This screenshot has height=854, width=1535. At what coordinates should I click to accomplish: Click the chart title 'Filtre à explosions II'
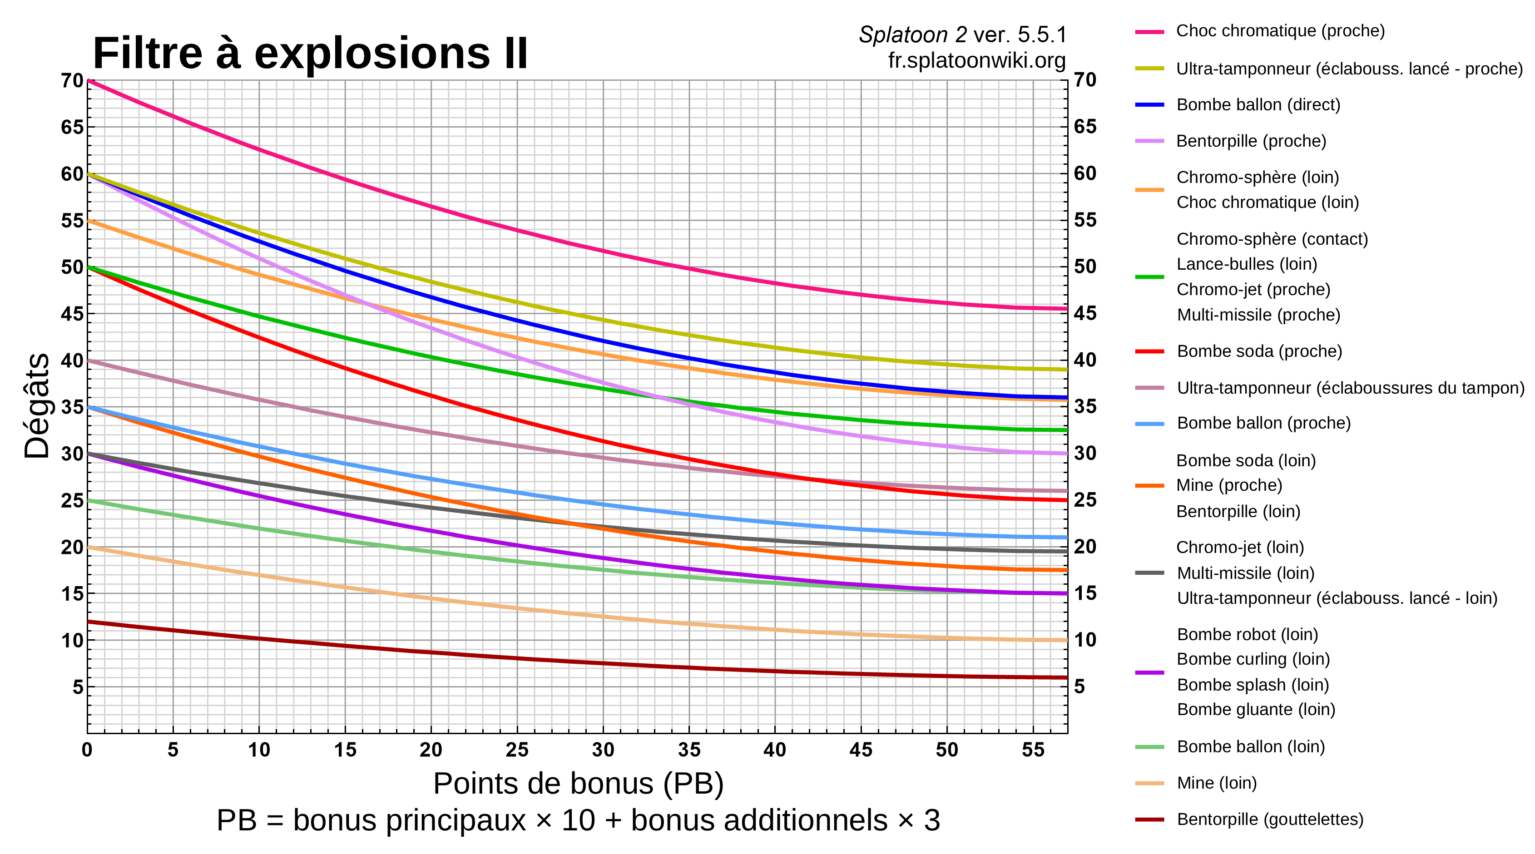click(x=310, y=54)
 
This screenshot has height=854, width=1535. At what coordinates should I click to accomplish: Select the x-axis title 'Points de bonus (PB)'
click(x=578, y=783)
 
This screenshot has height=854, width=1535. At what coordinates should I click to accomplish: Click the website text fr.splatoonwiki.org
click(x=976, y=60)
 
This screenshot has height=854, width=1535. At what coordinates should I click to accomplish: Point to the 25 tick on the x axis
click(x=517, y=749)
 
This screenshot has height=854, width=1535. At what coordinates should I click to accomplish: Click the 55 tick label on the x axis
click(x=1033, y=749)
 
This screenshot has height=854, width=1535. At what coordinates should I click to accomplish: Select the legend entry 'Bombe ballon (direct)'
click(x=1258, y=105)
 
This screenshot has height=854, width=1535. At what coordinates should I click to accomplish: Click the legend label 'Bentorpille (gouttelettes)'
click(x=1270, y=819)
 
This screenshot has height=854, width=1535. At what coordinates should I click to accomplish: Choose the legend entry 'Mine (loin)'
click(x=1216, y=783)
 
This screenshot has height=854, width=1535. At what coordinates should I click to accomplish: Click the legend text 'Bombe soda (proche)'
click(x=1259, y=351)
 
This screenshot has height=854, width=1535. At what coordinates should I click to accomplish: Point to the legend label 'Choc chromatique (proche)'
click(x=1280, y=31)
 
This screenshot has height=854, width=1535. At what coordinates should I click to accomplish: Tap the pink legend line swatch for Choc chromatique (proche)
click(x=1149, y=32)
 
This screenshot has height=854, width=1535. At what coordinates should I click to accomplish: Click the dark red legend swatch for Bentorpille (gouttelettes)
click(x=1149, y=820)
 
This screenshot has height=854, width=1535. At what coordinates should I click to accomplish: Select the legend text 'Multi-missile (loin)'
click(x=1245, y=573)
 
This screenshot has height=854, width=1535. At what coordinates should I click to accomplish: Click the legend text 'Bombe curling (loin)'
click(x=1253, y=659)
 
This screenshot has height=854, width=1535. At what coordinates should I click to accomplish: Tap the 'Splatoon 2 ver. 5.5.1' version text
click(x=962, y=35)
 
